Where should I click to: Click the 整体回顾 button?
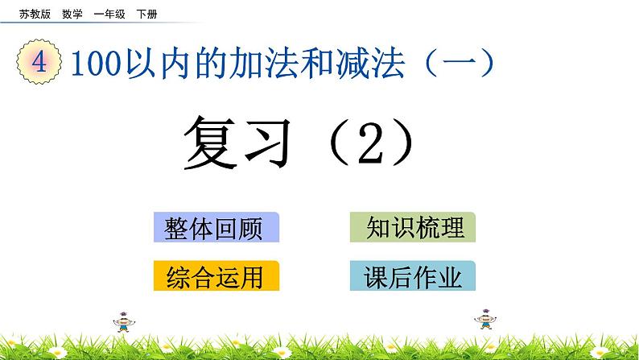pyautogui.click(x=215, y=228)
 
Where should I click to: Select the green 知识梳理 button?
pyautogui.click(x=413, y=227)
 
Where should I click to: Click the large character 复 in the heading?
pyautogui.click(x=210, y=142)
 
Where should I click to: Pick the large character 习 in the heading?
pyautogui.click(x=273, y=142)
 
